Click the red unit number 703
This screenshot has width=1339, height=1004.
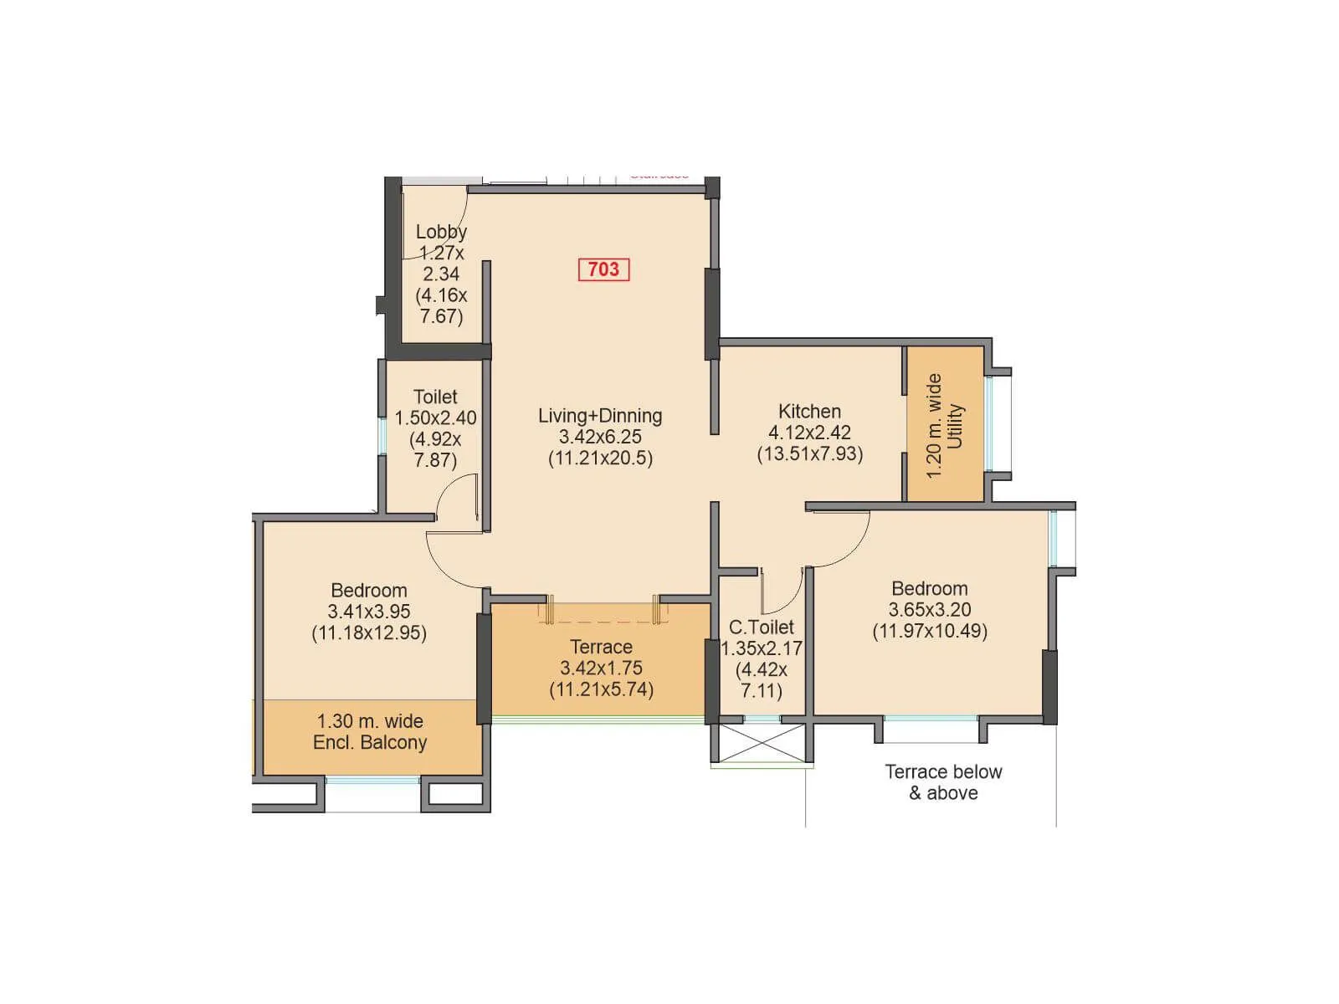tap(603, 269)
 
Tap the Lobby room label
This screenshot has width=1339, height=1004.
tap(441, 232)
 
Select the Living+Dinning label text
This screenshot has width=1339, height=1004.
tap(600, 416)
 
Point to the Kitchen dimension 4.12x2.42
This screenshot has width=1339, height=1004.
tap(809, 433)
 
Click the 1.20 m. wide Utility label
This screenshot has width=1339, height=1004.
tap(945, 425)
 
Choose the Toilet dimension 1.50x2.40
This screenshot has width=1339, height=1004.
tap(435, 417)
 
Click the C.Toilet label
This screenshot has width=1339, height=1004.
tap(761, 627)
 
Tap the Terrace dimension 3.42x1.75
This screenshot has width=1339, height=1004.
tap(601, 668)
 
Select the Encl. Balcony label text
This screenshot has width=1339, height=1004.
tap(370, 742)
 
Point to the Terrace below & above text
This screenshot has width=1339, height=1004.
tap(943, 782)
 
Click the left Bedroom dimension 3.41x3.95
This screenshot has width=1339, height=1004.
tap(368, 612)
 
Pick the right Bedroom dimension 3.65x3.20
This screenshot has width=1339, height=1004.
tap(930, 610)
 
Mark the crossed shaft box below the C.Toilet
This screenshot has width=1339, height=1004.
tap(762, 743)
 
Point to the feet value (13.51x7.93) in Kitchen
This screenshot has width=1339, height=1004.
tap(809, 453)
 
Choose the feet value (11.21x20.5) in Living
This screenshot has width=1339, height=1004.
tap(600, 458)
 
